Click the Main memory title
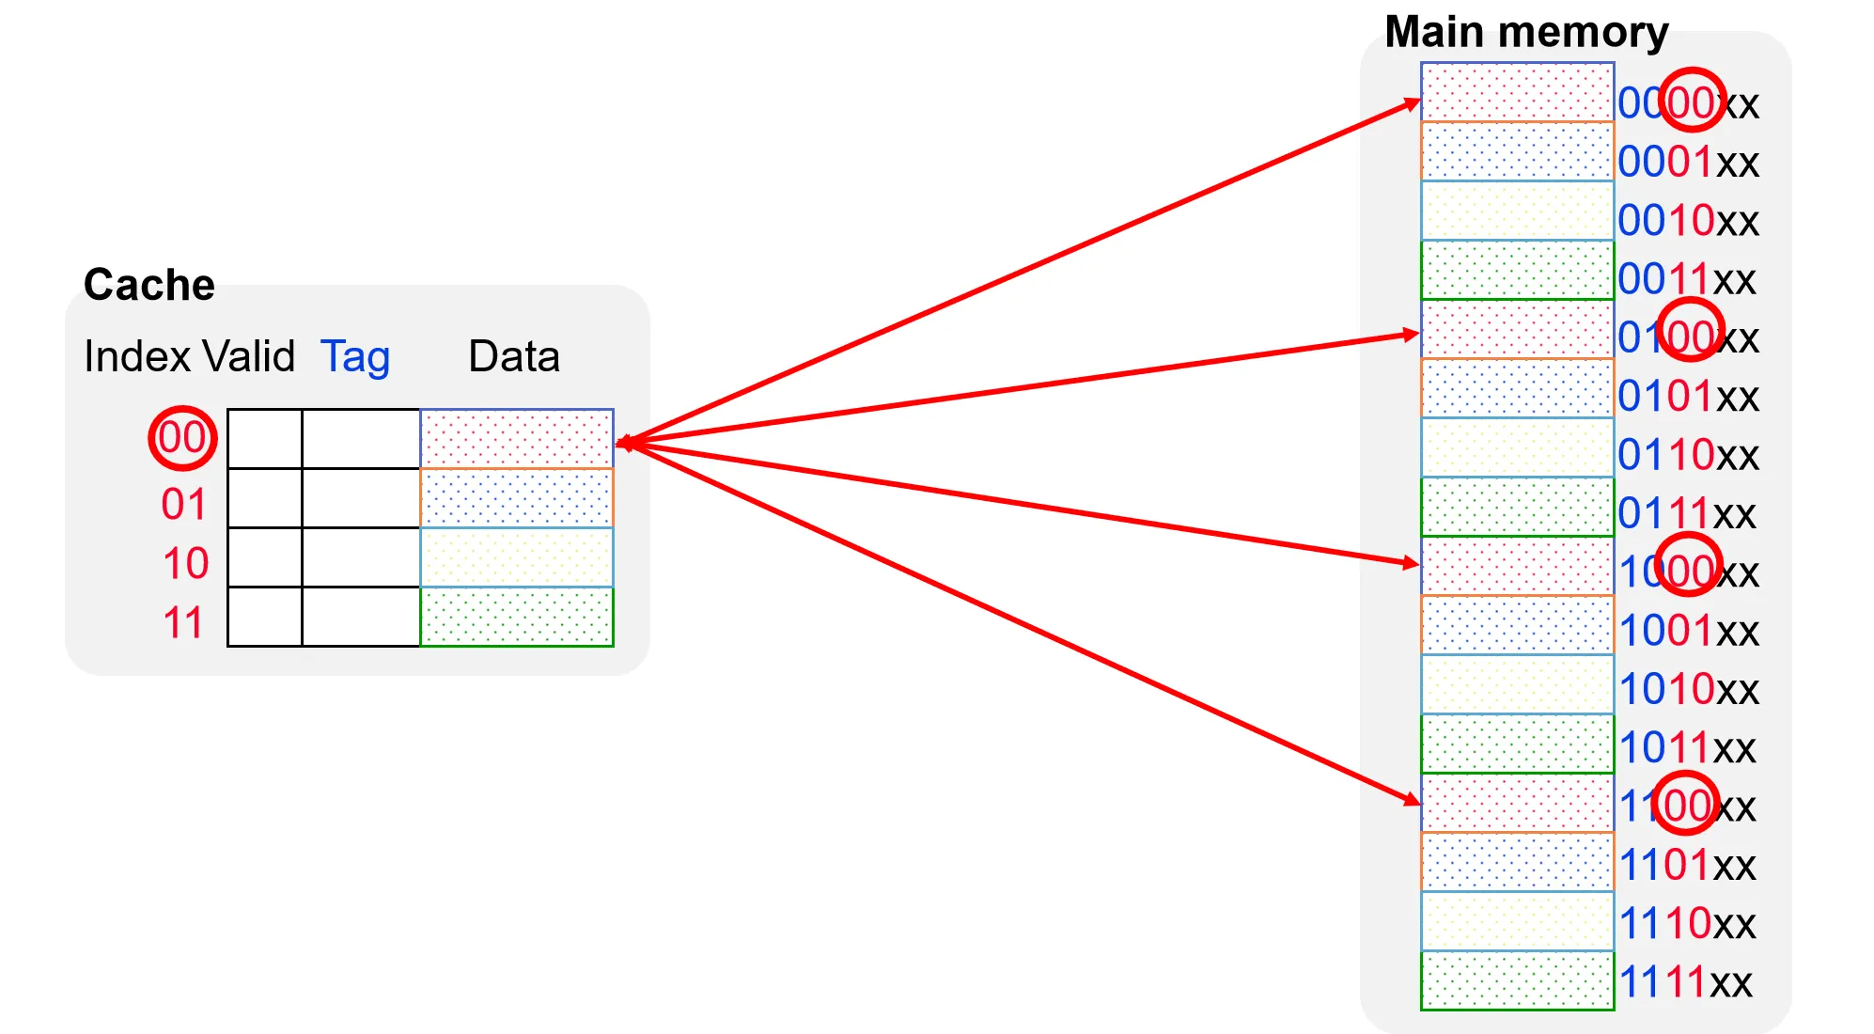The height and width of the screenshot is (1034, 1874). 1526,32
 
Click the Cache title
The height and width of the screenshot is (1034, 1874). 148,284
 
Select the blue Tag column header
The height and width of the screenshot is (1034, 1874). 355,357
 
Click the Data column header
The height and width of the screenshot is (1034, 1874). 514,357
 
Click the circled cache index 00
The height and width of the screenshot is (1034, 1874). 182,438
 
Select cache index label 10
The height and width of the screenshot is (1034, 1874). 185,564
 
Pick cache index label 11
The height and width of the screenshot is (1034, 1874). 183,623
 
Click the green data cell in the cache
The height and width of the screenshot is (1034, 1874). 517,617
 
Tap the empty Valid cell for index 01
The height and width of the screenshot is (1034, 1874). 265,498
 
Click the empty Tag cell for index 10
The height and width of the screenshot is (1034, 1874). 361,557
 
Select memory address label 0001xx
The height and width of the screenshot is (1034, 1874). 1688,163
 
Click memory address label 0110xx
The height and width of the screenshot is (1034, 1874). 1688,456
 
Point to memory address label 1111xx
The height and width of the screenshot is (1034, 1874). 1685,983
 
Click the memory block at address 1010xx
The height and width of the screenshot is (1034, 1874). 1517,684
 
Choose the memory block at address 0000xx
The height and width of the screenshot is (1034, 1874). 1517,92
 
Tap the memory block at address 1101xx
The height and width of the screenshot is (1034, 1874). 1517,862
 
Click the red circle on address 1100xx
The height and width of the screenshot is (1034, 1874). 1685,804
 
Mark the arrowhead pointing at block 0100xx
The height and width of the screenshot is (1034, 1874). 1410,334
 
